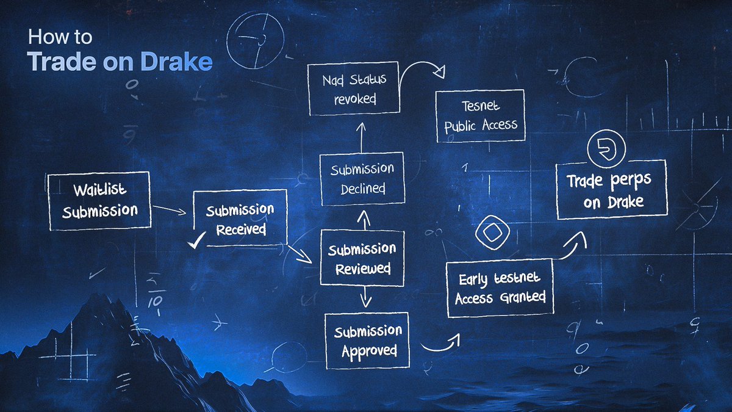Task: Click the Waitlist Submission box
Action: [99, 201]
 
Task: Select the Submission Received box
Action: [240, 219]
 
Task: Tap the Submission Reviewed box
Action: [362, 258]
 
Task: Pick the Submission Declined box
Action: [362, 178]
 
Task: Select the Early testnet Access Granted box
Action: [500, 287]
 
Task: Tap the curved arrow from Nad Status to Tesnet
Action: [426, 67]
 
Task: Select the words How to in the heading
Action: [60, 38]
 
